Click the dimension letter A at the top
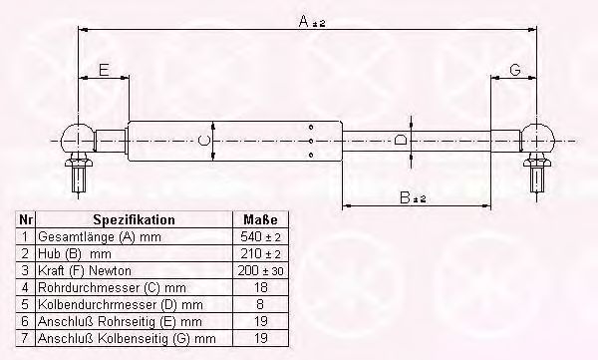(304, 21)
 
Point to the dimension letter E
(104, 70)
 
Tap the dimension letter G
(515, 70)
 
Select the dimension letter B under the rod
(405, 197)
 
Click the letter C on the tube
(204, 141)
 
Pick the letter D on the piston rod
(400, 140)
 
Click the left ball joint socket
(78, 138)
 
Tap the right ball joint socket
(537, 138)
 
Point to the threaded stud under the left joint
(79, 179)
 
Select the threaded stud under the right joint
(537, 179)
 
